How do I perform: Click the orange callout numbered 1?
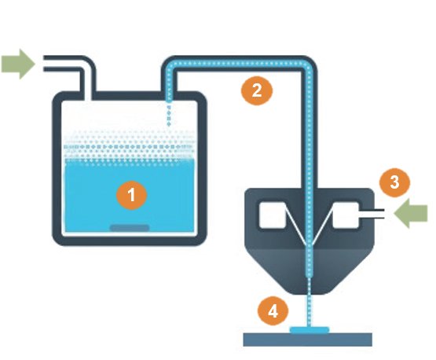(x=131, y=195)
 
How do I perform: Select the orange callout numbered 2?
(x=257, y=90)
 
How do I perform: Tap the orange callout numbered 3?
(x=394, y=182)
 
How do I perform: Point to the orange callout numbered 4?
(x=273, y=310)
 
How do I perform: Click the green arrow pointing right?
(x=18, y=64)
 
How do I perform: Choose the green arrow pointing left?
(x=411, y=213)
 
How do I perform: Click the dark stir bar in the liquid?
(x=130, y=228)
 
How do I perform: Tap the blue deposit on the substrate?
(x=310, y=330)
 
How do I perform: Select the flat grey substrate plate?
(x=307, y=340)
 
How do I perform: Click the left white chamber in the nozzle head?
(x=273, y=215)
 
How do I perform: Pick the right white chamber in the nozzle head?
(x=346, y=215)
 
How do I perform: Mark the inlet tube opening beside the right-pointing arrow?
(x=45, y=64)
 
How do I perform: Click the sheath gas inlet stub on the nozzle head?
(x=372, y=214)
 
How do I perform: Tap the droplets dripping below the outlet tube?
(x=169, y=116)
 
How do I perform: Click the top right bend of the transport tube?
(x=308, y=64)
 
